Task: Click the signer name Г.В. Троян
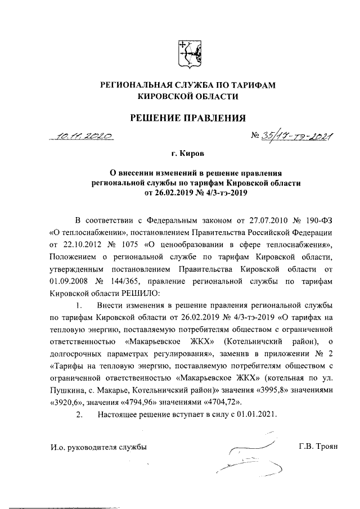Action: [x=317, y=447]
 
